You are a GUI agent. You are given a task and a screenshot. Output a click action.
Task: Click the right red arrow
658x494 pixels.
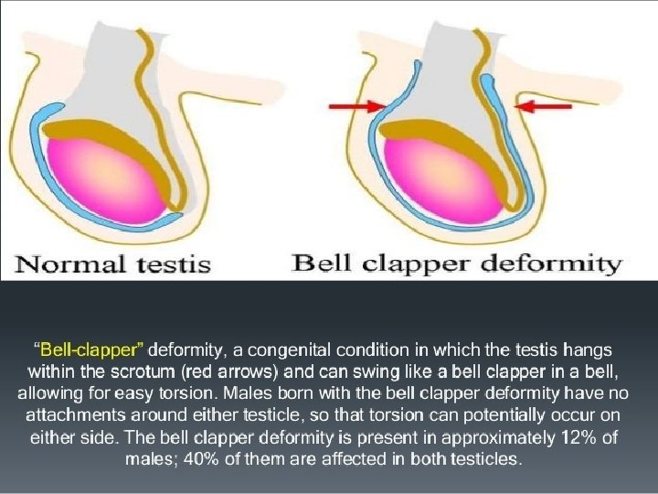coord(546,107)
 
